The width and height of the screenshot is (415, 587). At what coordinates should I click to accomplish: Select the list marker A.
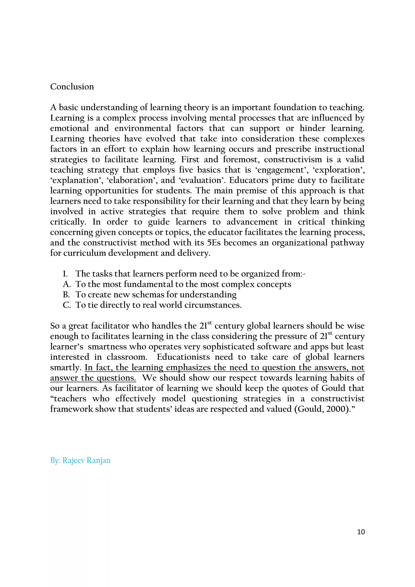coord(66,284)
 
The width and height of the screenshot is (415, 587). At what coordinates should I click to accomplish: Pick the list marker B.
coord(66,295)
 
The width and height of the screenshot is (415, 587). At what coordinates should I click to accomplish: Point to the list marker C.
coord(66,305)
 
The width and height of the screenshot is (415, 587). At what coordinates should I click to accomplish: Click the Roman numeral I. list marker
coord(65,274)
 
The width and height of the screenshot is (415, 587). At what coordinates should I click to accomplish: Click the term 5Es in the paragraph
coord(213,243)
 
